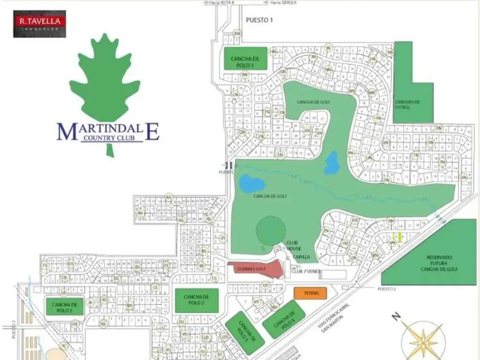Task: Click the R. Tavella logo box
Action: coord(39,24)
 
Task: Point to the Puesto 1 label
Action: coord(259,20)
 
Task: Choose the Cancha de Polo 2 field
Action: coord(197,300)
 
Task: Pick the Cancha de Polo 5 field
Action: coord(65,307)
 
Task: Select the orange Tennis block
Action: coord(310,293)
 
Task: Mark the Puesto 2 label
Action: coord(387,289)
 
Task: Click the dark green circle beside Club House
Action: coord(270,230)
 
